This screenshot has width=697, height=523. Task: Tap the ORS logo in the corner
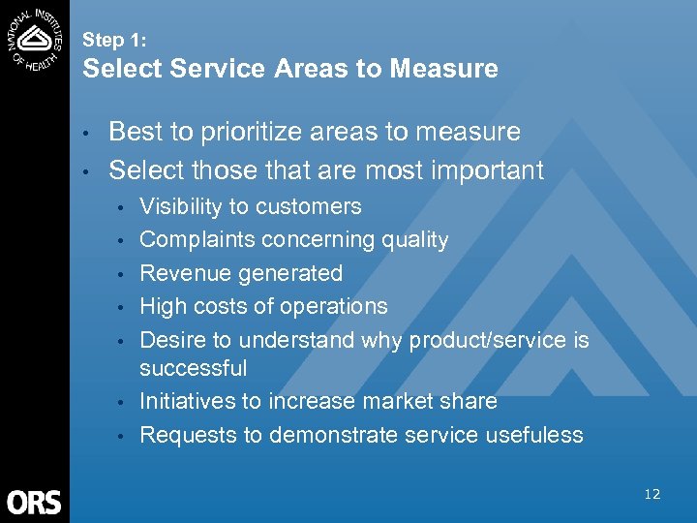coord(34,502)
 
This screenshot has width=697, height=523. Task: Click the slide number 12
coord(652,494)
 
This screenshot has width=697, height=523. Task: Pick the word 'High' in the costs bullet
coord(162,306)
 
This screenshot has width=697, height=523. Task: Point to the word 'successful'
coord(194,368)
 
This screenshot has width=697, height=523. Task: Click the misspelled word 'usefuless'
coord(536,435)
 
